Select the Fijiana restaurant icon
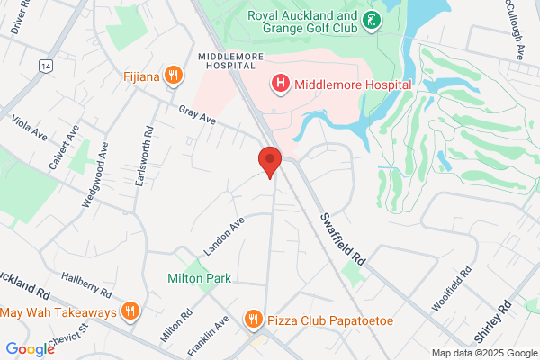171,76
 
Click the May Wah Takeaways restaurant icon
130,312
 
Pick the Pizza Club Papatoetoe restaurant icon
255,319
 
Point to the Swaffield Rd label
346,238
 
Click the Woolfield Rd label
453,288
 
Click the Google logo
30,349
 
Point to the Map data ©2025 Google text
482,353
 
